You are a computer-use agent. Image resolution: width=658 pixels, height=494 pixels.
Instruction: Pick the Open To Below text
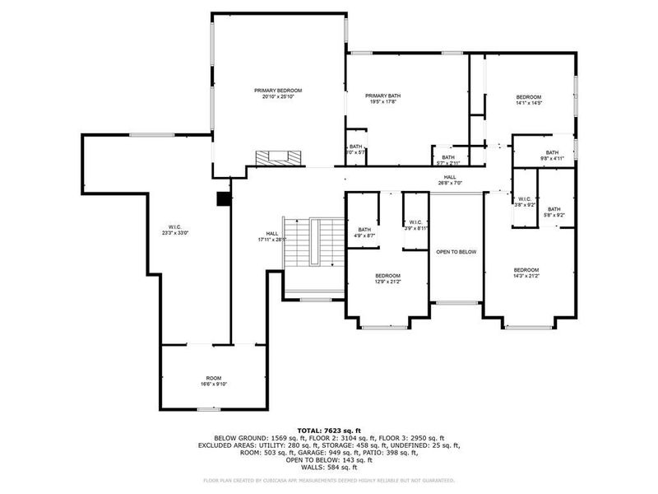coord(456,252)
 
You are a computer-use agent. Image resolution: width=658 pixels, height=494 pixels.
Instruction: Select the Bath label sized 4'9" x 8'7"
coord(364,232)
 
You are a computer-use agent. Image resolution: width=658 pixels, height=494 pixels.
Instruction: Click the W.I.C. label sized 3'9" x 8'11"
coord(415,225)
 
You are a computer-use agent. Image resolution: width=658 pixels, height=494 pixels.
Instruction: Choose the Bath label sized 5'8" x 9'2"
coord(554,212)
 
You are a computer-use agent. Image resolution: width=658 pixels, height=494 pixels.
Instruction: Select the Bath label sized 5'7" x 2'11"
coord(448,160)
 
